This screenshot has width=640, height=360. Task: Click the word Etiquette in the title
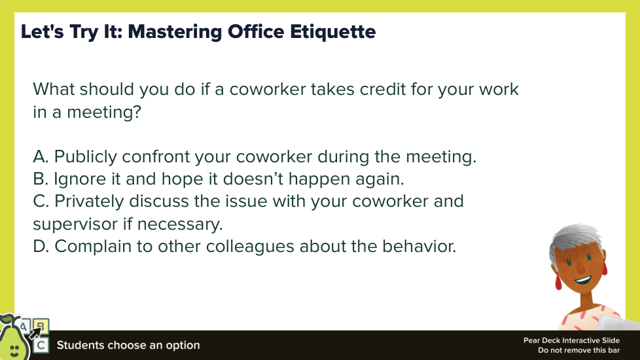pos(332,32)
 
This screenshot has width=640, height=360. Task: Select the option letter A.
pos(41,156)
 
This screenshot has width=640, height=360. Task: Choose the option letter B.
pos(41,179)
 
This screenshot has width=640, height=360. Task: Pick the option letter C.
pos(41,201)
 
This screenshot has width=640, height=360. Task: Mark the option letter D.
pos(41,246)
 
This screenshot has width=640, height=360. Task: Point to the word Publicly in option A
pos(85,156)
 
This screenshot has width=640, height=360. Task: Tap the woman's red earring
pos(558,282)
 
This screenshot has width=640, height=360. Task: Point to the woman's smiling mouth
pos(583,280)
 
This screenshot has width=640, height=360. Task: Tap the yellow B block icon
pos(41,326)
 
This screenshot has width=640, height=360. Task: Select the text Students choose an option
pos(128,346)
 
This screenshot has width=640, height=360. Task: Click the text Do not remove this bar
pos(578,350)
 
